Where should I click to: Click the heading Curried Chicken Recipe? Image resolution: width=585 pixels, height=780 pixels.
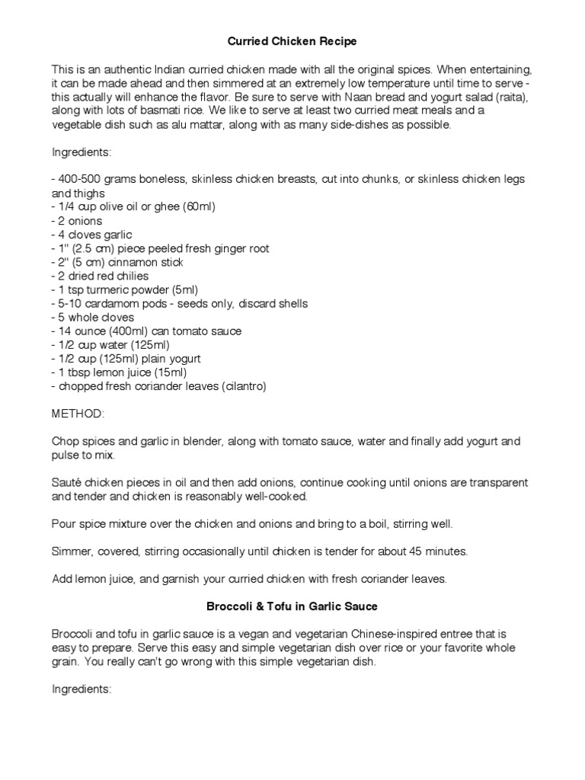coord(293,40)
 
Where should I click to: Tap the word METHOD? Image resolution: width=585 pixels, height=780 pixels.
coord(79,414)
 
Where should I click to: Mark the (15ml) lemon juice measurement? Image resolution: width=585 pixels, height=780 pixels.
coord(168,372)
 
